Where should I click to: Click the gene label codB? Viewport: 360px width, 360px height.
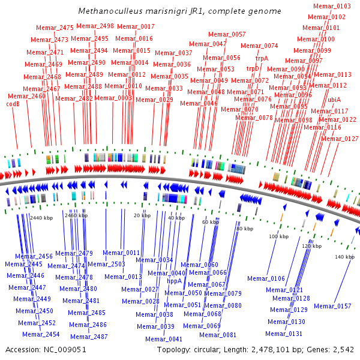[13, 104]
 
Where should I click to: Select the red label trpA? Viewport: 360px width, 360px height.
[262, 58]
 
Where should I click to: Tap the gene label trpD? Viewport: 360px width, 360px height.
[253, 68]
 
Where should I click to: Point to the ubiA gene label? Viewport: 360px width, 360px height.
[334, 100]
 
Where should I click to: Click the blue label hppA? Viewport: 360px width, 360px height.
[175, 281]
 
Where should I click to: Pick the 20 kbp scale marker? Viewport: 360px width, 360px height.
[142, 215]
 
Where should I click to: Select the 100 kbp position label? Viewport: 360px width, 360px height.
[279, 236]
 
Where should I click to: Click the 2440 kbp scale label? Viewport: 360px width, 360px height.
[41, 218]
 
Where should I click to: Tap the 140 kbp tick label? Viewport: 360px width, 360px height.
[344, 257]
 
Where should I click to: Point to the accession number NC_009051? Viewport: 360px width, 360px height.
[65, 350]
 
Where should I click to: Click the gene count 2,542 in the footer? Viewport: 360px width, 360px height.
[343, 350]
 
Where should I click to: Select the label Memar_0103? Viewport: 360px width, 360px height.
[332, 6]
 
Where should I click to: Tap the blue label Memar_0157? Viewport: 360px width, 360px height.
[332, 306]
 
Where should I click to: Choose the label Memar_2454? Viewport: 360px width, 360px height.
[41, 334]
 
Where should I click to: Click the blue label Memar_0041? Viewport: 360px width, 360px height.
[164, 339]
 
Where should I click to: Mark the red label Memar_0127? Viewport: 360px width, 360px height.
[340, 139]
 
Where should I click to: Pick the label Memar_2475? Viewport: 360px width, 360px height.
[55, 28]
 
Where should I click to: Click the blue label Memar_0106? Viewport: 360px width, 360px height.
[266, 278]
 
